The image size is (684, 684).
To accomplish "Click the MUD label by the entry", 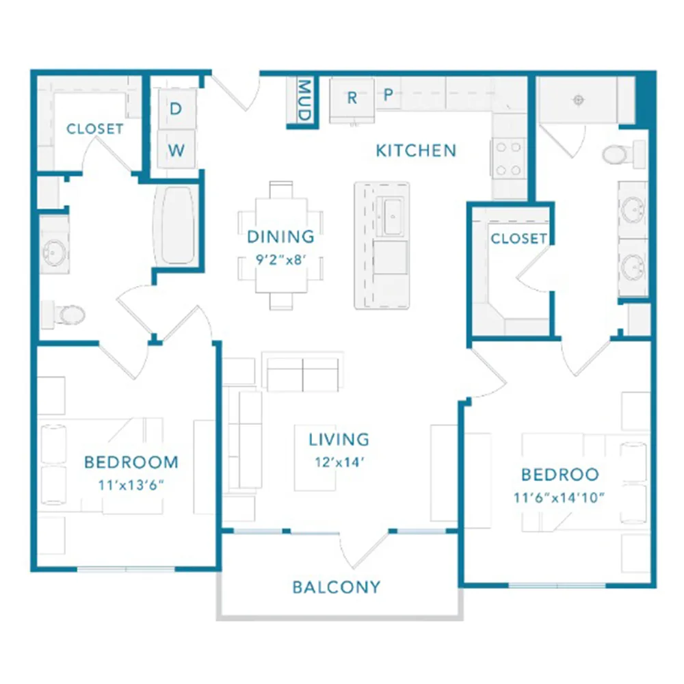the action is click(304, 100).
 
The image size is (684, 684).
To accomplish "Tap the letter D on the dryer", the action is click(175, 109).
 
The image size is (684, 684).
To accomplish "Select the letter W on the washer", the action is click(176, 150).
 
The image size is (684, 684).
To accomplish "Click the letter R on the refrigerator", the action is click(352, 98).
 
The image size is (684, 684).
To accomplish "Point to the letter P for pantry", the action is click(388, 94).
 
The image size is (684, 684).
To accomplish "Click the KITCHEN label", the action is click(416, 150).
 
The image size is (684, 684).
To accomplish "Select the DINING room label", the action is click(280, 237).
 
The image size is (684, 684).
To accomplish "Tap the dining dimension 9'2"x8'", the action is click(280, 259).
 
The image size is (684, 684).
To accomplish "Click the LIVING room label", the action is click(339, 439).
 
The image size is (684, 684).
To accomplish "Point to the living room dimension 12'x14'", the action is click(339, 462).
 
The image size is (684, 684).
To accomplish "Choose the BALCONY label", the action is click(337, 587).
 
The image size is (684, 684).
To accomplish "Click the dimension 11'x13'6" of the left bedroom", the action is click(131, 485).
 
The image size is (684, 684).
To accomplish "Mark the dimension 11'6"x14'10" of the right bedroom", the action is click(559, 497).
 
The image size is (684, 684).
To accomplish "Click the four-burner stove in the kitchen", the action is click(509, 159).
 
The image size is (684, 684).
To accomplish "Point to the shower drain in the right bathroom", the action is click(579, 101).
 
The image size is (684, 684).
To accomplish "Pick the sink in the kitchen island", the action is click(392, 216).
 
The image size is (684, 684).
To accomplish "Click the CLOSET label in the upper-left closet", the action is click(94, 129).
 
